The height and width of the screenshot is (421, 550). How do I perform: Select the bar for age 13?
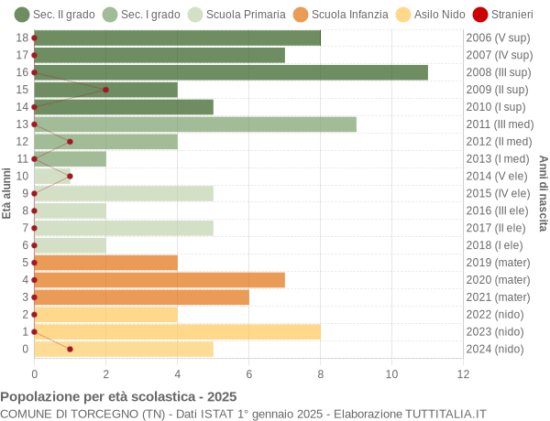(195, 124)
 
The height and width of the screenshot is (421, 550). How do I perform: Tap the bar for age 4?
(159, 280)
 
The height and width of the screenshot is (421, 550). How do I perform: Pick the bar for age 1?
(177, 331)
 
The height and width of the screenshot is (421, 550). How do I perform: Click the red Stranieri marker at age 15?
(105, 90)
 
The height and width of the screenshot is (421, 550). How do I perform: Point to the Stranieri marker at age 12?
(70, 142)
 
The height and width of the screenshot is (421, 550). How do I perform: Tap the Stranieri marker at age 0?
(70, 349)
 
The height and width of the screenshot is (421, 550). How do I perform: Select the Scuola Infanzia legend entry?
(341, 15)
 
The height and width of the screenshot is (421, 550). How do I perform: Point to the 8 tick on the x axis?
(320, 373)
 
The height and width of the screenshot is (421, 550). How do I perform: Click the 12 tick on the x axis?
(463, 373)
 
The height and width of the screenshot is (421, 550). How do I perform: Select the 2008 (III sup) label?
(498, 72)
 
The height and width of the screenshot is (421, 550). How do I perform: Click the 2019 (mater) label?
(498, 263)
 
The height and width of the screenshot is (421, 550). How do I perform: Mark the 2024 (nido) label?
(496, 349)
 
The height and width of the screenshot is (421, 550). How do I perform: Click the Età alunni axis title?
(7, 193)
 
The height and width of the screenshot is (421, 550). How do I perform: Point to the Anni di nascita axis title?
(543, 193)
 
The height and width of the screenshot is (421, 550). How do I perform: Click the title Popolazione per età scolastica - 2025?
(118, 396)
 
